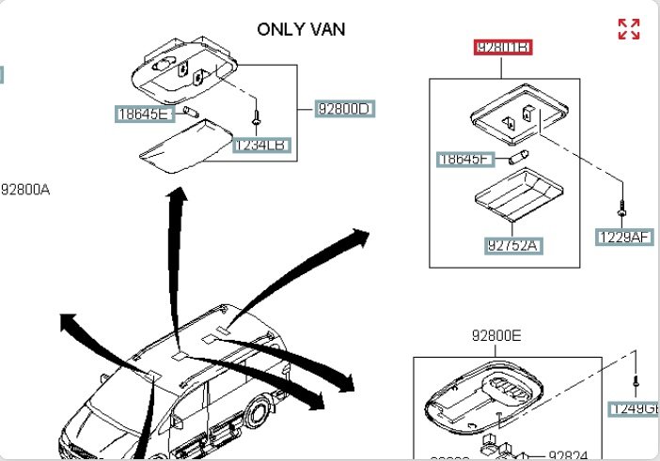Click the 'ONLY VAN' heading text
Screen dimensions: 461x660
[301, 29]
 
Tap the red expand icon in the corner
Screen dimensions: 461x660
[628, 29]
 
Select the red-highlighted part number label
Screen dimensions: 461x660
[503, 47]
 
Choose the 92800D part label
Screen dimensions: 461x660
[344, 109]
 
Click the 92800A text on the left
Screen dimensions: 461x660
[25, 190]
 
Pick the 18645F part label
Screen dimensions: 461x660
[465, 160]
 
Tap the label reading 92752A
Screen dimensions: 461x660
[514, 245]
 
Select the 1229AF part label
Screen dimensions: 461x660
[623, 238]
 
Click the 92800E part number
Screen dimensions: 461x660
[496, 334]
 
